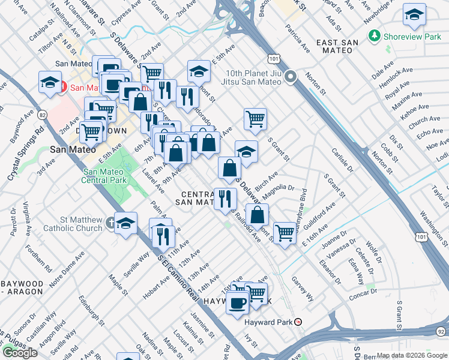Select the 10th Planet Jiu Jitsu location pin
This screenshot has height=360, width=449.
click(291, 76)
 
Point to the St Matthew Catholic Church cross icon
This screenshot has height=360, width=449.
click(110, 223)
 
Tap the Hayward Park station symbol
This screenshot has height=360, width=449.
click(298, 322)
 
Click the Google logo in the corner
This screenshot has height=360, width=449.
click(20, 353)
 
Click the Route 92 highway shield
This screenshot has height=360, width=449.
click(442, 331)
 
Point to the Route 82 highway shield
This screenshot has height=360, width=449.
click(42, 114)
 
